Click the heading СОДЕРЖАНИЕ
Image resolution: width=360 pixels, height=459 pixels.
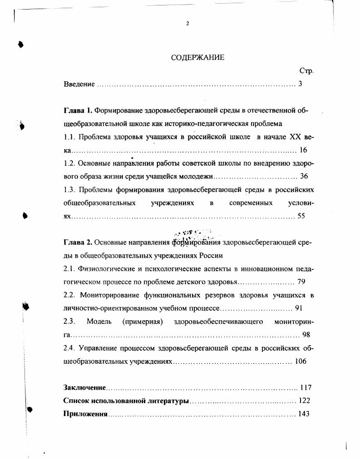pos(197,58)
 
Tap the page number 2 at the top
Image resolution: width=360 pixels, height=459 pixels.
pos(187,24)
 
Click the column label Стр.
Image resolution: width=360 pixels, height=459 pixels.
pos(307,71)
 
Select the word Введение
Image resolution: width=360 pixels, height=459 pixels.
pos(79,84)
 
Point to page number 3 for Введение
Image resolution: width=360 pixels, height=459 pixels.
pos(300,84)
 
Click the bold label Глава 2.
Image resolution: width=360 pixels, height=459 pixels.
pos(78,243)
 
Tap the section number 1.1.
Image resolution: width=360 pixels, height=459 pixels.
pos(69,137)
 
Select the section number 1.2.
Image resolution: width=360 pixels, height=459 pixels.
pos(69,163)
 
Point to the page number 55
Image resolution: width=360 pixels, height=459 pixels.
pos(301,216)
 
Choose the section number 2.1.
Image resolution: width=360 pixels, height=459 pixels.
pos(69,269)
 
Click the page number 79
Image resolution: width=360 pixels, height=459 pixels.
pos(301,282)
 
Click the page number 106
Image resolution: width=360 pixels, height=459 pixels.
pos(301,361)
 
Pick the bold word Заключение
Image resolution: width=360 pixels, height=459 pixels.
pos(84,388)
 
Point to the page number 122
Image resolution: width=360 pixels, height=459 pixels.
pos(304,401)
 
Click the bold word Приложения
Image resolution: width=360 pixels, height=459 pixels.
pos(85,414)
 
